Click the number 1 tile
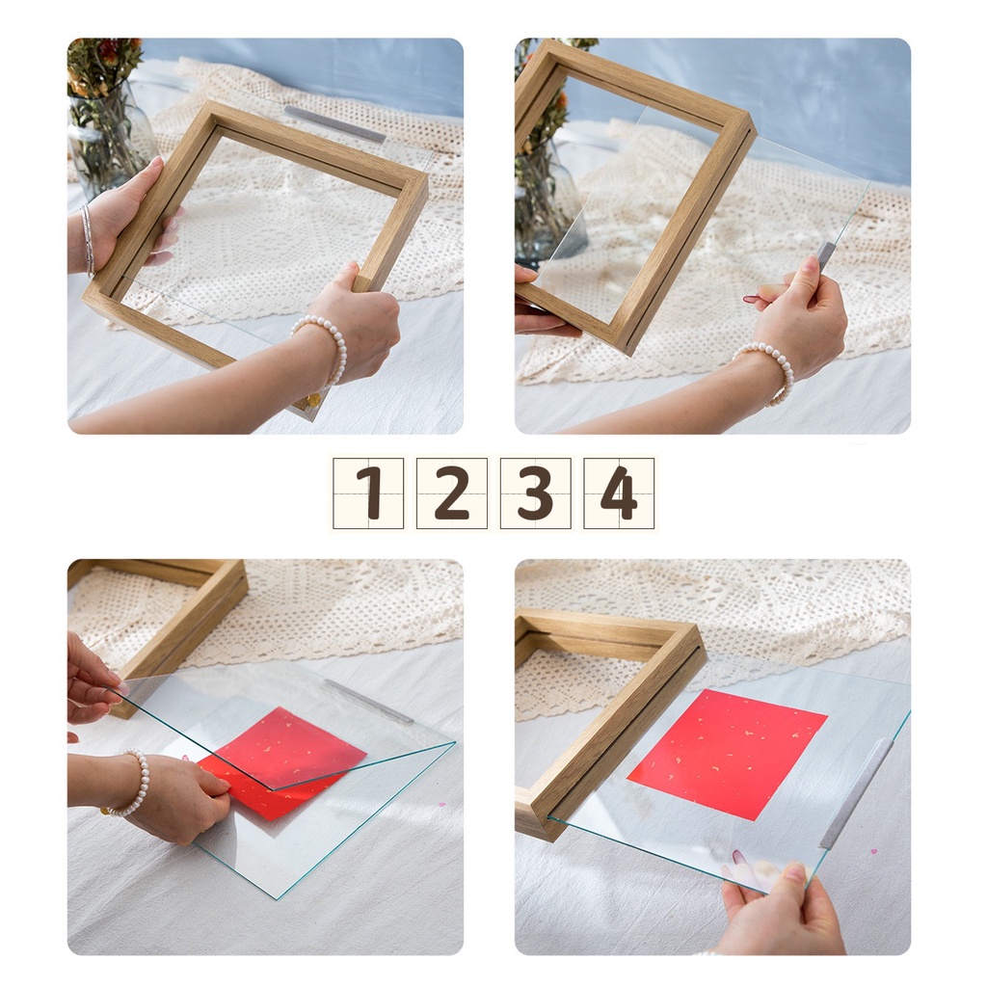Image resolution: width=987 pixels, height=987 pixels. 368,493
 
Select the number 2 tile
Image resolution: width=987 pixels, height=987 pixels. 452,493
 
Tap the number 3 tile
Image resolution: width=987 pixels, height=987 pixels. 536,493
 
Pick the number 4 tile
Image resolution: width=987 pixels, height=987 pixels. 620,493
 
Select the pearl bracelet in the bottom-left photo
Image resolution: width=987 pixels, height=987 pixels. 129,784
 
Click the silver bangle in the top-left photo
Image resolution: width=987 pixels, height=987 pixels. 88,239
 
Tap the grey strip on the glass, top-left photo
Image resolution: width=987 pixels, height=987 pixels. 334,123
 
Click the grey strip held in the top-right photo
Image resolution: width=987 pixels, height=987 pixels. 825,253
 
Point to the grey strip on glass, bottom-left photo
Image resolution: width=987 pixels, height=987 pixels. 369,701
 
